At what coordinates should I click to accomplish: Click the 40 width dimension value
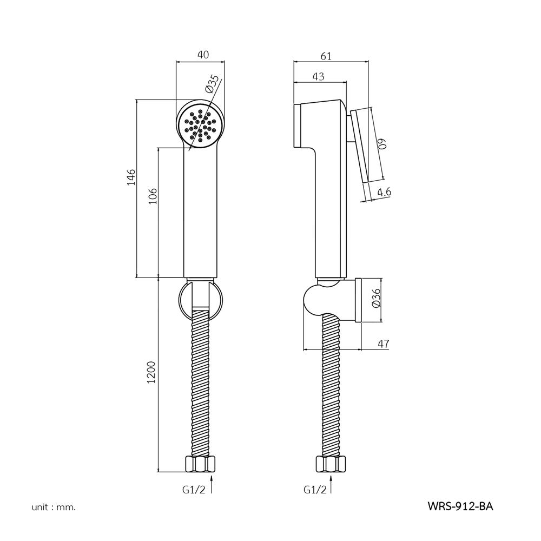click(x=203, y=55)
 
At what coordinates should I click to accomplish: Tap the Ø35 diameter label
click(x=212, y=84)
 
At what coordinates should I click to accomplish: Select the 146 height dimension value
click(x=131, y=177)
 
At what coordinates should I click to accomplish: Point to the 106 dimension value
click(x=153, y=196)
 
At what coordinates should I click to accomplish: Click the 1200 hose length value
click(x=152, y=372)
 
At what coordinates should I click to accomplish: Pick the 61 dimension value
click(x=326, y=56)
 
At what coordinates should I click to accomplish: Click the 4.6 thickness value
click(x=384, y=192)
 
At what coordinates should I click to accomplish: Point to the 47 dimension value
click(x=384, y=344)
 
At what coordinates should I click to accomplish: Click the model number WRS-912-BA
click(x=460, y=506)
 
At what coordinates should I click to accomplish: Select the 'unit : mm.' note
click(x=54, y=507)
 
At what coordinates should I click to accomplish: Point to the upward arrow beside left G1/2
click(x=212, y=484)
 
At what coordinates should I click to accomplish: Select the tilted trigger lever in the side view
click(x=360, y=146)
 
